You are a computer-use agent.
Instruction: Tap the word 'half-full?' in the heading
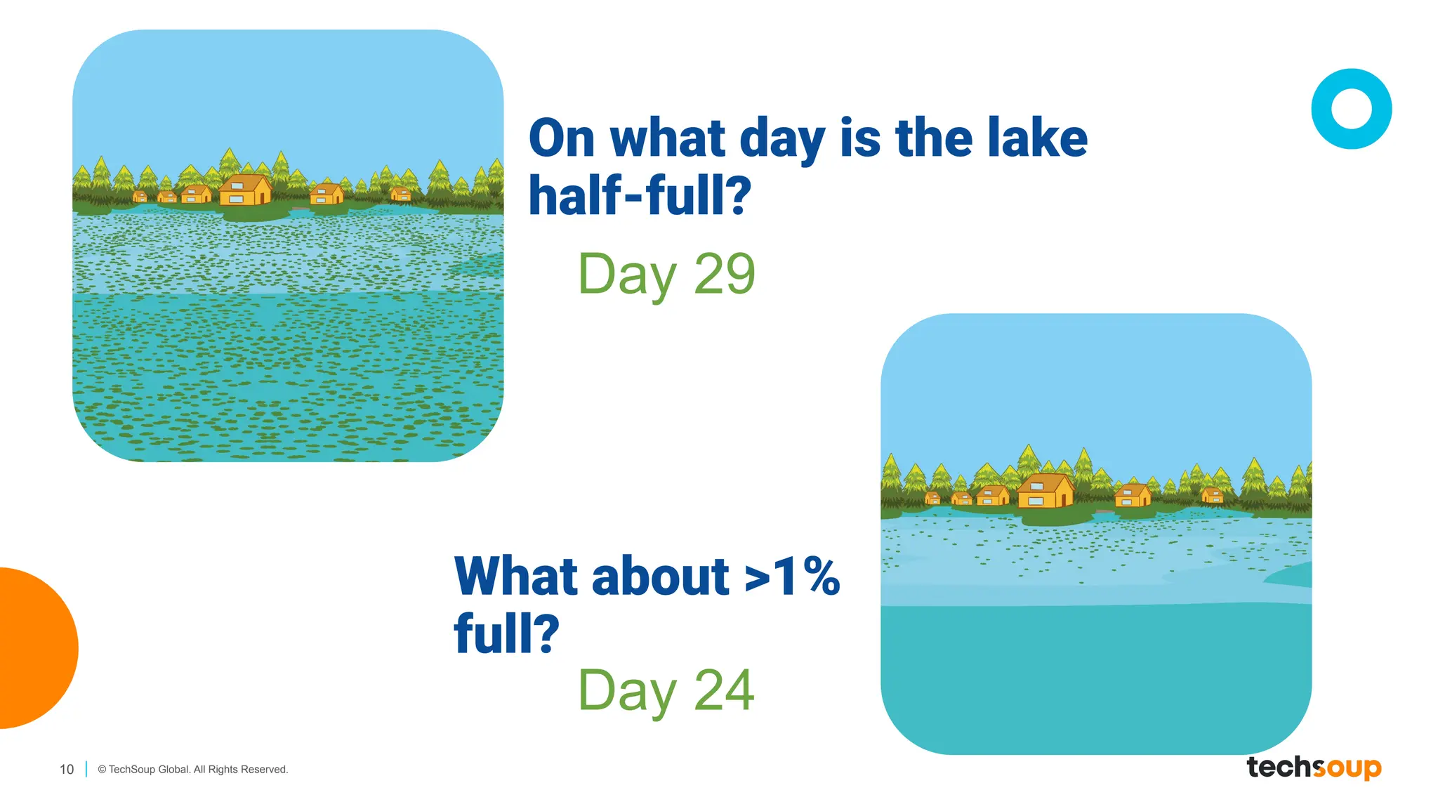click(x=640, y=195)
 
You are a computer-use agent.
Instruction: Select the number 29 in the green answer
click(x=724, y=274)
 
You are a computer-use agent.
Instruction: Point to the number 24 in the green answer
click(x=724, y=690)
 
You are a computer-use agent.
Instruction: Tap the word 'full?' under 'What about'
click(x=506, y=633)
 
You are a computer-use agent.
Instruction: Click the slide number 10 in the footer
click(x=67, y=770)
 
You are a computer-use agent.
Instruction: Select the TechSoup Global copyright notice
click(x=193, y=770)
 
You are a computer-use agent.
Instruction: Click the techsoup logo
click(x=1314, y=768)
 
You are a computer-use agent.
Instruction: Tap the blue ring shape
click(x=1351, y=109)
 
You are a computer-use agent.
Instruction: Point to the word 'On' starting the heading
click(x=562, y=138)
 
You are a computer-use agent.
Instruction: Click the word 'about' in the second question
click(x=661, y=577)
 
